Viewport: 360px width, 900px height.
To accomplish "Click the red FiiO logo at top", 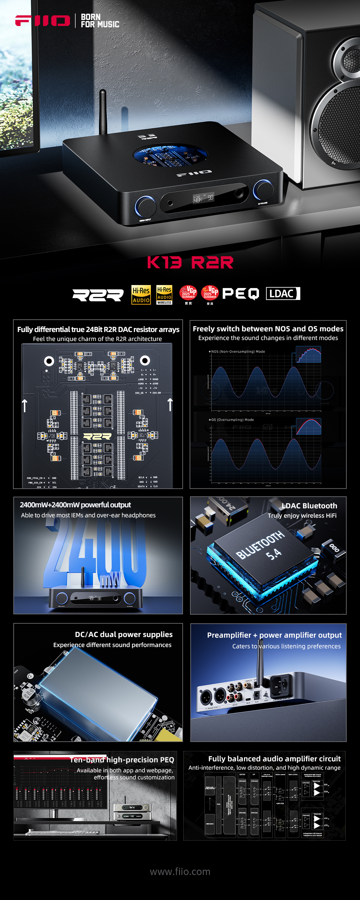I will [x=42, y=21].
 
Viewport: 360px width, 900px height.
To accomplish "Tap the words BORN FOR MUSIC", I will [x=100, y=21].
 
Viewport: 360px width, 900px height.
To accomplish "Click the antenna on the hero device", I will [x=103, y=112].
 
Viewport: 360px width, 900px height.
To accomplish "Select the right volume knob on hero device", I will [x=263, y=189].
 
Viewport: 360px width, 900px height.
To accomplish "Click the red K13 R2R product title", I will [x=190, y=262].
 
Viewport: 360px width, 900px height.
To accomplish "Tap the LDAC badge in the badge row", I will [x=283, y=293].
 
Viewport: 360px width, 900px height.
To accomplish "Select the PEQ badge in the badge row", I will [x=240, y=294].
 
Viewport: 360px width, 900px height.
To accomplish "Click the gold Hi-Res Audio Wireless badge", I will [x=164, y=295].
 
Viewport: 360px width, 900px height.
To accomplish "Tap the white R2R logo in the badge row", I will [x=98, y=295].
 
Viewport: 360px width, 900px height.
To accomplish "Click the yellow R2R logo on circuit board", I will [x=97, y=436].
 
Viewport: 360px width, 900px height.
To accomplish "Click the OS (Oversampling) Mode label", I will [x=232, y=420].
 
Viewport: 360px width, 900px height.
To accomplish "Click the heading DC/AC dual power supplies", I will [x=124, y=634].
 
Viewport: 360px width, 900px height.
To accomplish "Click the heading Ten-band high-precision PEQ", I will [x=122, y=760].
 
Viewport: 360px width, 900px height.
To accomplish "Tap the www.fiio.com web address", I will [x=180, y=872].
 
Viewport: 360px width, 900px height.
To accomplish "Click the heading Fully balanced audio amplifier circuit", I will [x=274, y=759].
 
